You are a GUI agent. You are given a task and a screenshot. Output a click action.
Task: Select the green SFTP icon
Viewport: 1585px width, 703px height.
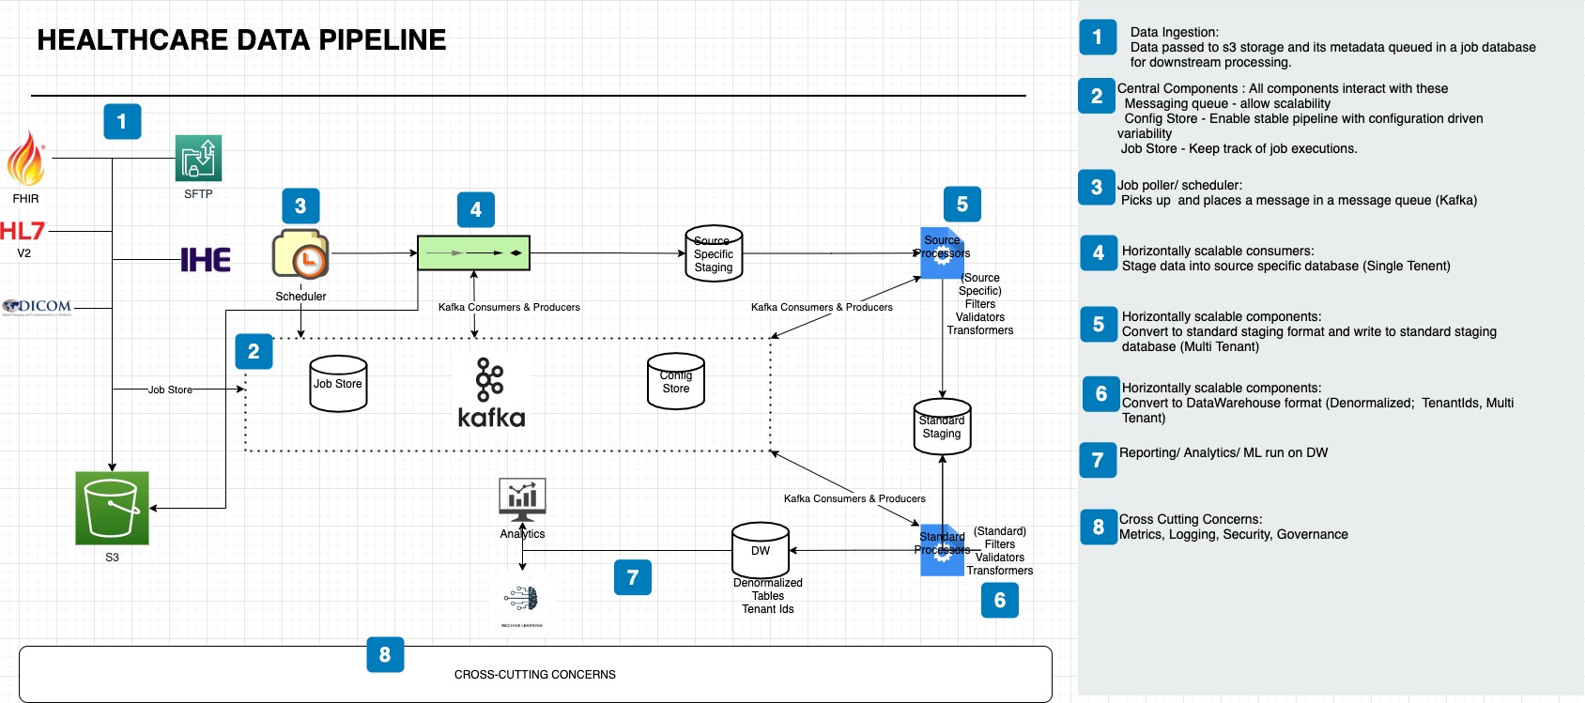coord(198,158)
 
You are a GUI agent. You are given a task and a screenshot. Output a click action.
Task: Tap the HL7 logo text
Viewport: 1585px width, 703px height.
coord(23,231)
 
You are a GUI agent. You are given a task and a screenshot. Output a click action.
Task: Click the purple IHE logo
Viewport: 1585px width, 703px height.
coord(206,260)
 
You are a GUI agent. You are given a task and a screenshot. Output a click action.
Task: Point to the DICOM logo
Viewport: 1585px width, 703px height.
coord(38,306)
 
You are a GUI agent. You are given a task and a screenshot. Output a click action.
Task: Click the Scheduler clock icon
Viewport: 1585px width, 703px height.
coord(300,254)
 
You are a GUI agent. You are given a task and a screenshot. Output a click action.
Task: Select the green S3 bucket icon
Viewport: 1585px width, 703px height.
coord(112,508)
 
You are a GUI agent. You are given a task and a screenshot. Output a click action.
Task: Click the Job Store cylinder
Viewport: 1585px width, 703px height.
coord(338,384)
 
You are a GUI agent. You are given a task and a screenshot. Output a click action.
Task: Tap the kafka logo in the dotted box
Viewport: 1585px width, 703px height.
coord(491,393)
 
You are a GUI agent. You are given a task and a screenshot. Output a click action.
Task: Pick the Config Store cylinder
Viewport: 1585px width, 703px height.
coord(676,382)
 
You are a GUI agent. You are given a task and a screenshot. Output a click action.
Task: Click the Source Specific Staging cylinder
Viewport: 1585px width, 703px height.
coord(714,254)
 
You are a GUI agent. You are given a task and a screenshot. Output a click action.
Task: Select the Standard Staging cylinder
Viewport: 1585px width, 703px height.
coord(942,428)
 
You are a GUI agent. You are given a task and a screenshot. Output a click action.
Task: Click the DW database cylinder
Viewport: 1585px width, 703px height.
coord(761,550)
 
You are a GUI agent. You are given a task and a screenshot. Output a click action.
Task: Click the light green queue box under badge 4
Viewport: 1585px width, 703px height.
coord(473,253)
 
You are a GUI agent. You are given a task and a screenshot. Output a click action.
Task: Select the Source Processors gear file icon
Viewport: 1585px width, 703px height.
coord(942,253)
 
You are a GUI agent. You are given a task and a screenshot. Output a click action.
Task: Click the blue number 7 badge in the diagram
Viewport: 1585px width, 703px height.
coord(633,577)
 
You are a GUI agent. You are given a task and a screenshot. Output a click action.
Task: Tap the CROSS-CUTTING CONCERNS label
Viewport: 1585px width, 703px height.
coord(535,675)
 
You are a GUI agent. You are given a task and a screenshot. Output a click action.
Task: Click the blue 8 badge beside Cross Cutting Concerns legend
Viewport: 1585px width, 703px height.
coord(1098,527)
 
